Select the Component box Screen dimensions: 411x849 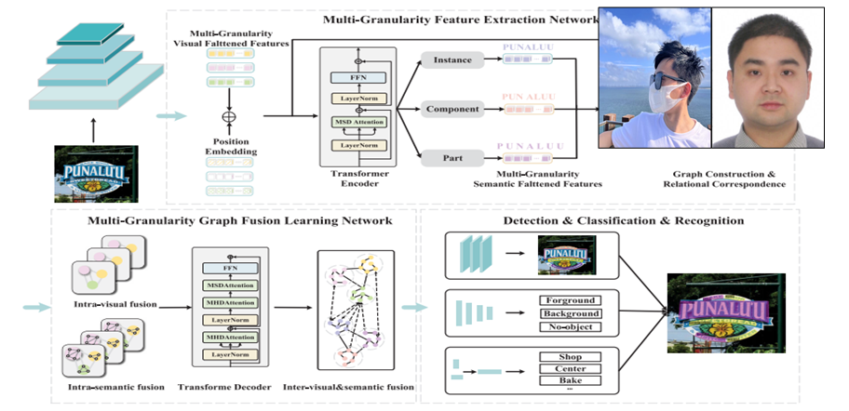[x=453, y=109]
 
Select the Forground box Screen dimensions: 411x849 [x=570, y=300]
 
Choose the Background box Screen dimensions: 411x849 [x=570, y=313]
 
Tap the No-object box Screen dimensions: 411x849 [x=570, y=326]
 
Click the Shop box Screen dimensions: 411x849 [x=570, y=356]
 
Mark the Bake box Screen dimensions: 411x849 [x=570, y=381]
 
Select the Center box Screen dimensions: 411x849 [x=570, y=368]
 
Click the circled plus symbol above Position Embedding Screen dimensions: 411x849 [x=223, y=117]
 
